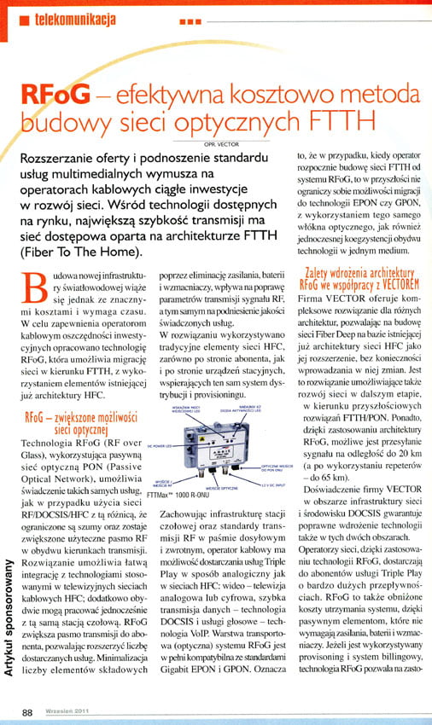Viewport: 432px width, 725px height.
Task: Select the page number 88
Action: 29,711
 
